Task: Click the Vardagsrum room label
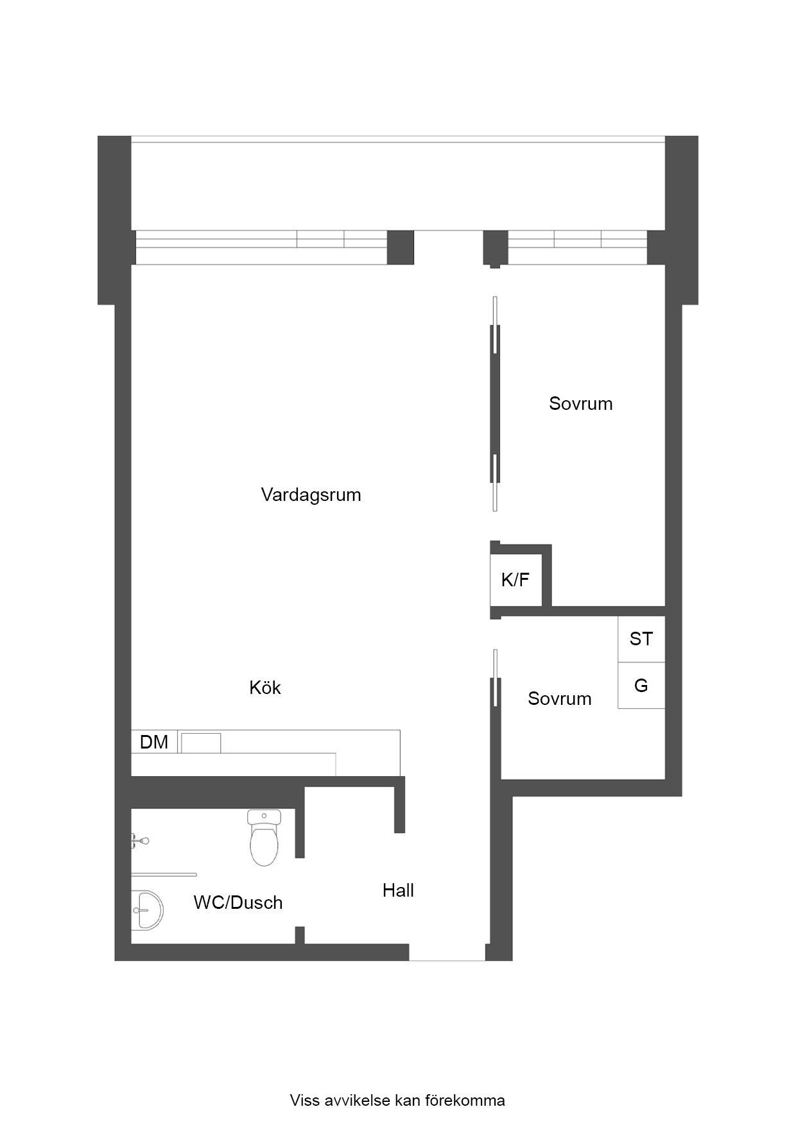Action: (311, 495)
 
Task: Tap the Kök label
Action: (265, 688)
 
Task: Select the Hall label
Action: (398, 890)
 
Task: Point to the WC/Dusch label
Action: (238, 902)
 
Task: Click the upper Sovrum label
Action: (581, 403)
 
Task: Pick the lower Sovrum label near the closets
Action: (560, 698)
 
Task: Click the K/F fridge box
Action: (515, 580)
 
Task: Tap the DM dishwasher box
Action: (154, 742)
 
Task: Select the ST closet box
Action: (641, 639)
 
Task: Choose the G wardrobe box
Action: (641, 686)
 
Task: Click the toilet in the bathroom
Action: (264, 837)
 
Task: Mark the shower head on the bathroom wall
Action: (140, 840)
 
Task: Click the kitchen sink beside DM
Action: (201, 743)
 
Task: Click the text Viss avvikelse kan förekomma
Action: (397, 1101)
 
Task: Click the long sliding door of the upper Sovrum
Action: (495, 403)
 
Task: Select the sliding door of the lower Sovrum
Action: (495, 677)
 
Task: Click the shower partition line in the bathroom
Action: (164, 874)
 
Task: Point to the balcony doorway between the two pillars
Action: (449, 248)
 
